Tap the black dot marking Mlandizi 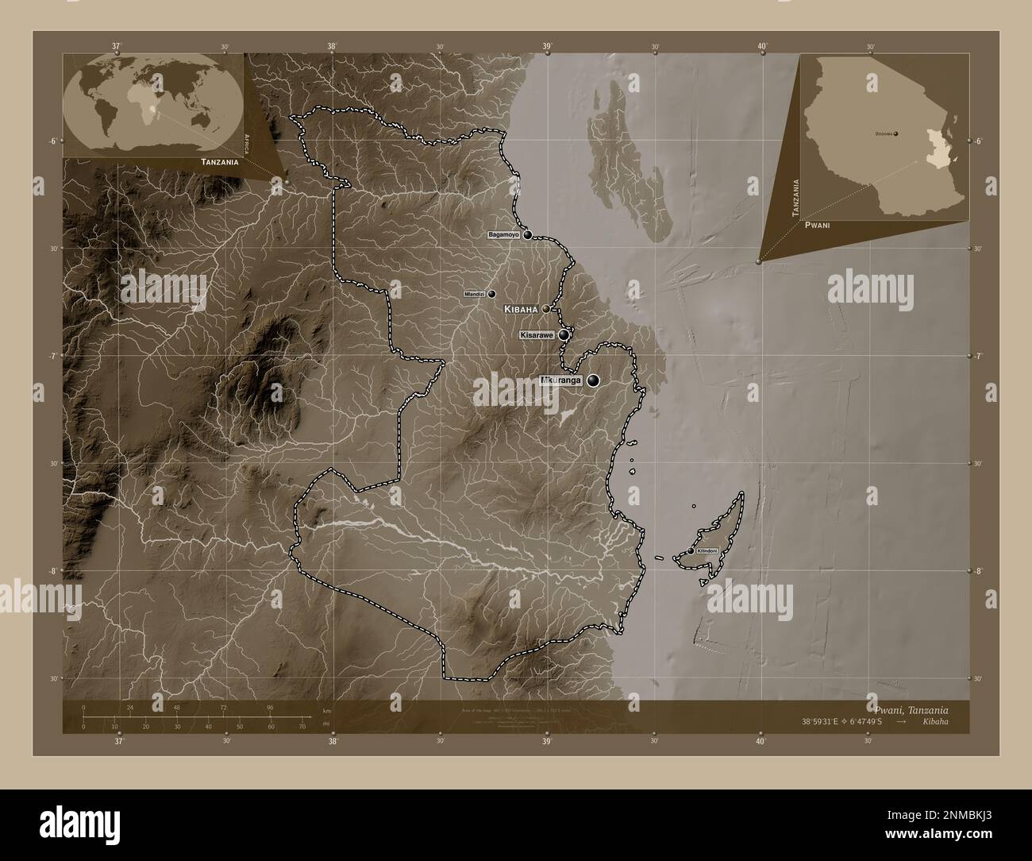(491, 294)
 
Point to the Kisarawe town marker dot (564, 335)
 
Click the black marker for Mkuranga (593, 381)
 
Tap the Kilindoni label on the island (707, 551)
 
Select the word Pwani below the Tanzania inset (817, 226)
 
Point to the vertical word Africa (248, 143)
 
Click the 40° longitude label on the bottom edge (761, 742)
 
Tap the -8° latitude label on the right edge (979, 571)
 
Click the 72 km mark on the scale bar (224, 707)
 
